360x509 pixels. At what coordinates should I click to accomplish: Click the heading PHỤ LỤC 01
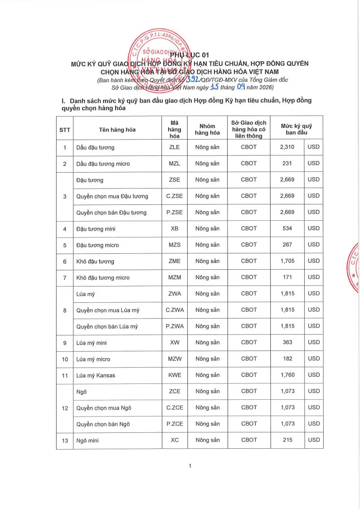tap(190, 55)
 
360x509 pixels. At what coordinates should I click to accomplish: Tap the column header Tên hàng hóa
tap(117, 130)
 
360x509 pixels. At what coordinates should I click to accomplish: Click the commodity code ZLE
tap(175, 147)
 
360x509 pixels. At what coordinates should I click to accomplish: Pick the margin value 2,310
tap(287, 147)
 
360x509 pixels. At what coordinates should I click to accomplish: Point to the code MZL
tap(175, 164)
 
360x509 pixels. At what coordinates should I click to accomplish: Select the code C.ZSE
tap(175, 196)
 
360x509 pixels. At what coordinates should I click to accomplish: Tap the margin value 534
tap(287, 228)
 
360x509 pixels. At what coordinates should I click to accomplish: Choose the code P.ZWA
tap(175, 326)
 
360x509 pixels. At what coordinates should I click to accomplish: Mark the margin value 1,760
tap(287, 375)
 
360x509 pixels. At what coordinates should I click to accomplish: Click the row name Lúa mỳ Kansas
tap(96, 375)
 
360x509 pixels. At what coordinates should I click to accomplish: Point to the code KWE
tap(175, 375)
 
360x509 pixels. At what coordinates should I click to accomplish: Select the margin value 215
tap(287, 440)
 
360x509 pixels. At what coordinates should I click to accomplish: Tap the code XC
tap(175, 440)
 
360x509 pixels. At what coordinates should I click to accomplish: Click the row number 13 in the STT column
tap(65, 441)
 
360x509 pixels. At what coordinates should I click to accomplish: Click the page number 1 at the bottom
tap(190, 466)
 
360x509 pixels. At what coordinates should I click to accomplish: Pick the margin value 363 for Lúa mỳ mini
tap(287, 342)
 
